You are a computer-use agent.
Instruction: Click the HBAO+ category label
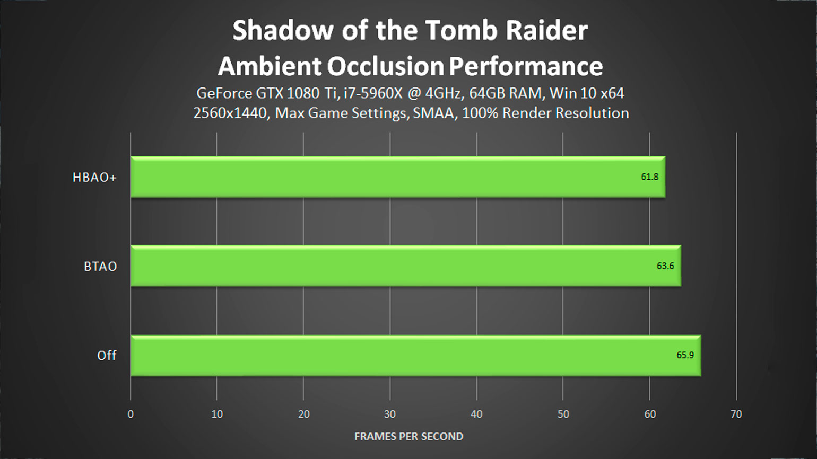point(94,177)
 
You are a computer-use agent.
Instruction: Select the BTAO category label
point(100,266)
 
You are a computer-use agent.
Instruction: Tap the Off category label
point(107,355)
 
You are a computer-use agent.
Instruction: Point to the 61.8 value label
point(649,177)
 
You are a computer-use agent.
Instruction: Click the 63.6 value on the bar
point(665,266)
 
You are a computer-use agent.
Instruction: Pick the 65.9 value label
point(685,355)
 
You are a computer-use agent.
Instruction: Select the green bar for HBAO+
point(398,177)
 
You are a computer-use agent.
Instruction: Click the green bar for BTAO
point(405,266)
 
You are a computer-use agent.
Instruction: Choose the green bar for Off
point(416,356)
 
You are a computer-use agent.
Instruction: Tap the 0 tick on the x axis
point(131,414)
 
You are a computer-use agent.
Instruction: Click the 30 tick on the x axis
point(390,414)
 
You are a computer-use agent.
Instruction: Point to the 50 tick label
point(563,414)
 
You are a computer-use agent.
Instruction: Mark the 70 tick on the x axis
point(736,414)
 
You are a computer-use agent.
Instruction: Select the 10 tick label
point(217,414)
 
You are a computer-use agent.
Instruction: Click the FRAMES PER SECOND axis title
point(409,436)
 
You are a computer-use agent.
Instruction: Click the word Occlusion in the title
point(385,66)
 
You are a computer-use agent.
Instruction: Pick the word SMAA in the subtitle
point(434,113)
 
